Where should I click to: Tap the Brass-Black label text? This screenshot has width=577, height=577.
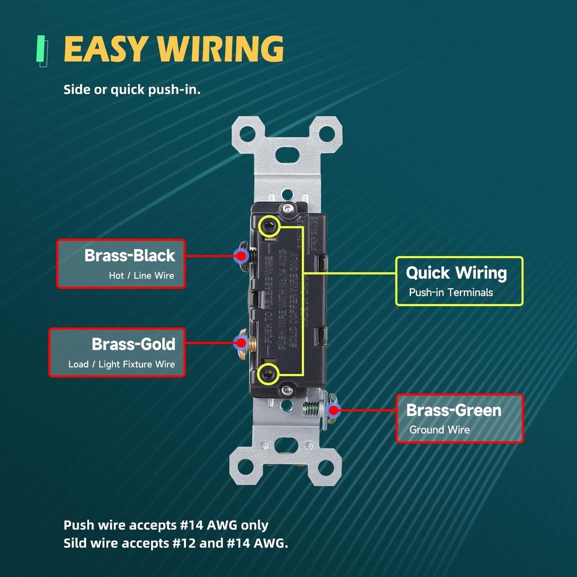129,255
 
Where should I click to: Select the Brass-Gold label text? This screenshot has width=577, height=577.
133,344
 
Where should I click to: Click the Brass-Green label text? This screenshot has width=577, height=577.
454,410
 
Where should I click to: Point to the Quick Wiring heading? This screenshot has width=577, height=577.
456,273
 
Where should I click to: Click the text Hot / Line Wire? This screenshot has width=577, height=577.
141,276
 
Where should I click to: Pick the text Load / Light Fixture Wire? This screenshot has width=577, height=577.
121,365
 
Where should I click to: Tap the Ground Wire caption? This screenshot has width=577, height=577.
439,430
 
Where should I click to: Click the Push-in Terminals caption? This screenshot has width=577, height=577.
451,293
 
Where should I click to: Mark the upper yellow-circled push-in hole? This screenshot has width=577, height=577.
268,226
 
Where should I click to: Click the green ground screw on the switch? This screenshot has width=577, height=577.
312,410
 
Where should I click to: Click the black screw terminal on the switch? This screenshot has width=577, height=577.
243,254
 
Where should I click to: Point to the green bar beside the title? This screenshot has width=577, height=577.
41,49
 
